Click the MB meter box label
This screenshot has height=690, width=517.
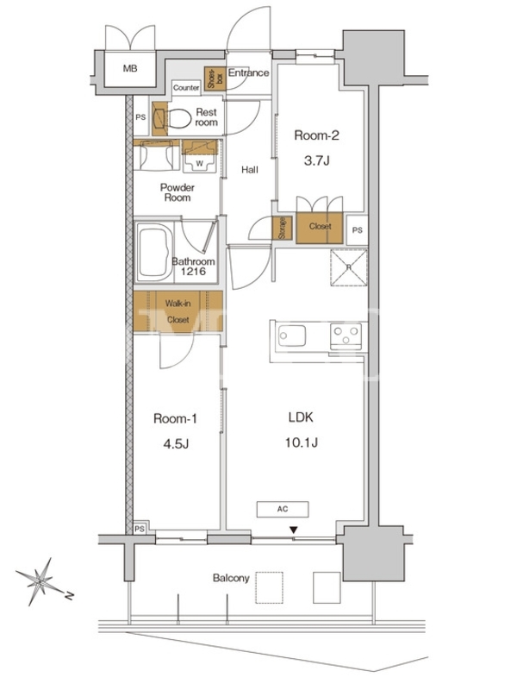130,69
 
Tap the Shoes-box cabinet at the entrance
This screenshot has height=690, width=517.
215,78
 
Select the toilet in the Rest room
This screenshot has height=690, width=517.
180,118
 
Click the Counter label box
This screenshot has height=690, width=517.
186,88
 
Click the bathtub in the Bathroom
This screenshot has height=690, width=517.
154,252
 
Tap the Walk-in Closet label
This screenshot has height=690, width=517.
178,311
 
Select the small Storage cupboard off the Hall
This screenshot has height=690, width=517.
283,228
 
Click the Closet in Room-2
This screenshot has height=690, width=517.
320,228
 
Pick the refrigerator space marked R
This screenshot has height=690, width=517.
349,267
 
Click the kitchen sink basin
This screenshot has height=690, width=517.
292,336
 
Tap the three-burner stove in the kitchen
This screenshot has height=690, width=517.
346,336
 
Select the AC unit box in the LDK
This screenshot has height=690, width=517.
283,509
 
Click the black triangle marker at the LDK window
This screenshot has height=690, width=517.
294,530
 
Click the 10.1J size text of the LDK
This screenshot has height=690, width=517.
302,442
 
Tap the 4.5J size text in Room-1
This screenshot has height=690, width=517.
176,443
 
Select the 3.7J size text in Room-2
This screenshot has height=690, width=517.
316,160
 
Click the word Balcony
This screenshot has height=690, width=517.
231,578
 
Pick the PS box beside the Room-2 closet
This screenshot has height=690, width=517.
357,230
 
